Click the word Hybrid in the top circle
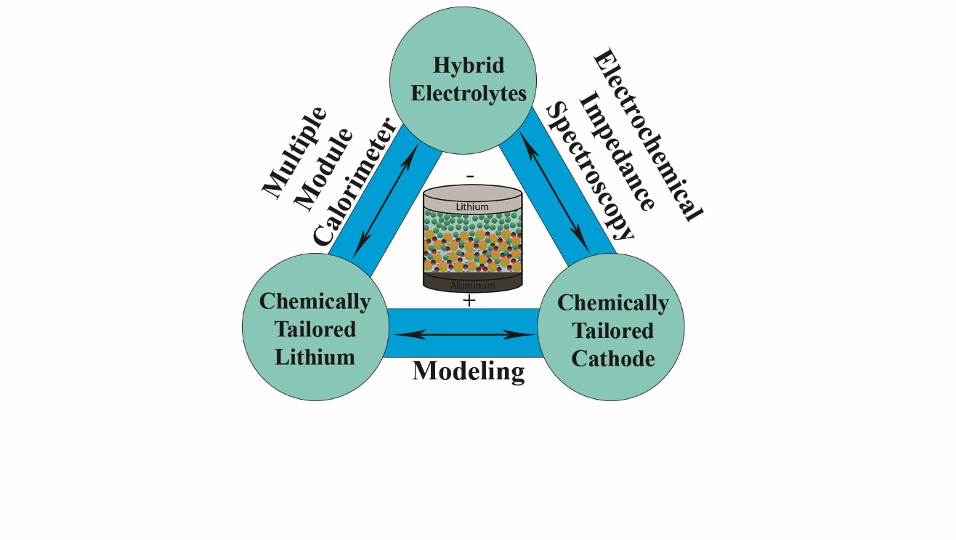coord(469,65)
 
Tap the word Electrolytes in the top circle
coord(469,94)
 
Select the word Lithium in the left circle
coord(315,357)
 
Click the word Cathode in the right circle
coord(613,359)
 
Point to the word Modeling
coord(469,371)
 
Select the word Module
coord(325,169)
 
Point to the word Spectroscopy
coord(590,172)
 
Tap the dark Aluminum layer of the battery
coord(472,284)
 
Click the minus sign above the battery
coord(471,175)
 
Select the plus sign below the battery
coord(469,299)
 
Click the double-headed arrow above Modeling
coord(464,335)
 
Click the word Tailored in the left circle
coord(315,329)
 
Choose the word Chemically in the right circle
coord(613,302)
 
